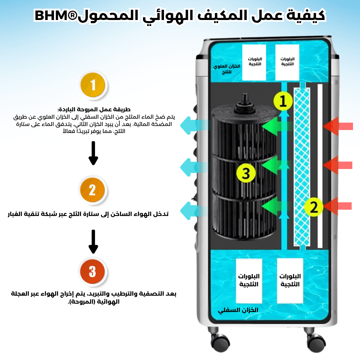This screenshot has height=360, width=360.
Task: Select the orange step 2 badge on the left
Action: tap(93, 190)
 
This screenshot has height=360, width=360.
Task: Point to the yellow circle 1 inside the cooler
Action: tap(283, 101)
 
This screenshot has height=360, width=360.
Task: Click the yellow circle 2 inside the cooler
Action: tap(314, 207)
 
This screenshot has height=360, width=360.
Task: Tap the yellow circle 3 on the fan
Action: tap(246, 173)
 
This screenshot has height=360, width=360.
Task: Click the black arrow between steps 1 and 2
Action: tap(93, 153)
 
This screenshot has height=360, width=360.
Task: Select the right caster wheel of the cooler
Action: tap(315, 341)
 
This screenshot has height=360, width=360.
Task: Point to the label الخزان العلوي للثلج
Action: tap(227, 69)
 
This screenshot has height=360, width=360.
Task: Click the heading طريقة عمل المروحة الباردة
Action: tap(94, 109)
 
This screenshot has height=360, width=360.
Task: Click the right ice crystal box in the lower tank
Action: tap(290, 280)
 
